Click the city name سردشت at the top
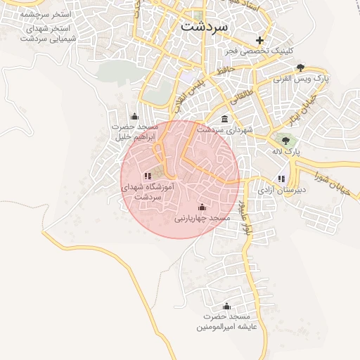(x=205, y=26)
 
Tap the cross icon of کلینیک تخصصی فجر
(x=260, y=40)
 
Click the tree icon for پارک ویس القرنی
(x=301, y=67)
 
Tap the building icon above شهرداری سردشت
(x=224, y=118)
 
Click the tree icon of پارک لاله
(x=285, y=141)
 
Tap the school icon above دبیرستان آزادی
(x=282, y=179)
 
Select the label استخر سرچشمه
(x=46, y=14)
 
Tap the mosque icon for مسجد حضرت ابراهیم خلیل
(x=134, y=116)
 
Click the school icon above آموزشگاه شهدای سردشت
(x=147, y=176)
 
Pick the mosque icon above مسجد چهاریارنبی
(x=202, y=207)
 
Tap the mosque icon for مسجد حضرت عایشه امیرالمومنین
(x=226, y=307)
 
